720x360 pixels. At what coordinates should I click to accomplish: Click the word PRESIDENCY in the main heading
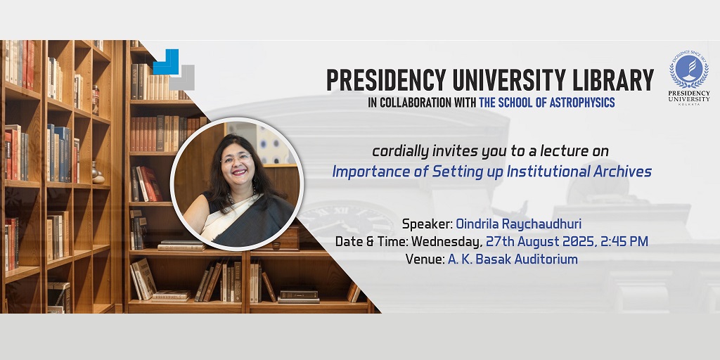coord(386,81)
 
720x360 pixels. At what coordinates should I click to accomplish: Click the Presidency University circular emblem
coord(689,68)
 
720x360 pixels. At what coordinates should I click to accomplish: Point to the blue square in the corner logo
coord(165,62)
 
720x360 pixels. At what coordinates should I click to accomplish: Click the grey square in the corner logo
coord(182,78)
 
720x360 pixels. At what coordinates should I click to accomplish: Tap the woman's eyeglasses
coord(236,158)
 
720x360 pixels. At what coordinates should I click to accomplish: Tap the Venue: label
coord(425,259)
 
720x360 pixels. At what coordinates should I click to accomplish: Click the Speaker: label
coord(427,224)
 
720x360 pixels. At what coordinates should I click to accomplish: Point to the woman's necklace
coord(241,195)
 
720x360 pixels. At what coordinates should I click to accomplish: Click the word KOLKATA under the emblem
coord(689,104)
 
